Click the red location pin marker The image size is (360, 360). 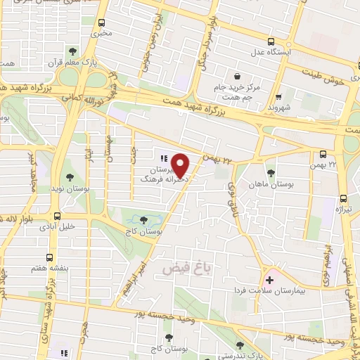(181, 165)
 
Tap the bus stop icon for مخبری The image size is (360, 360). (103, 22)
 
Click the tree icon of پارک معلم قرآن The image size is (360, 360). (72, 51)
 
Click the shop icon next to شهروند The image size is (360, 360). (279, 97)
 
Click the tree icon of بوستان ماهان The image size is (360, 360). (271, 173)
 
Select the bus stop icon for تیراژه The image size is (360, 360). (343, 198)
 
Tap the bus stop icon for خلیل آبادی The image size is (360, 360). (57, 216)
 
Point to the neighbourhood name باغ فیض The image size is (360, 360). (185, 267)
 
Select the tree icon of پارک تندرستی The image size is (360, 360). (241, 345)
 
